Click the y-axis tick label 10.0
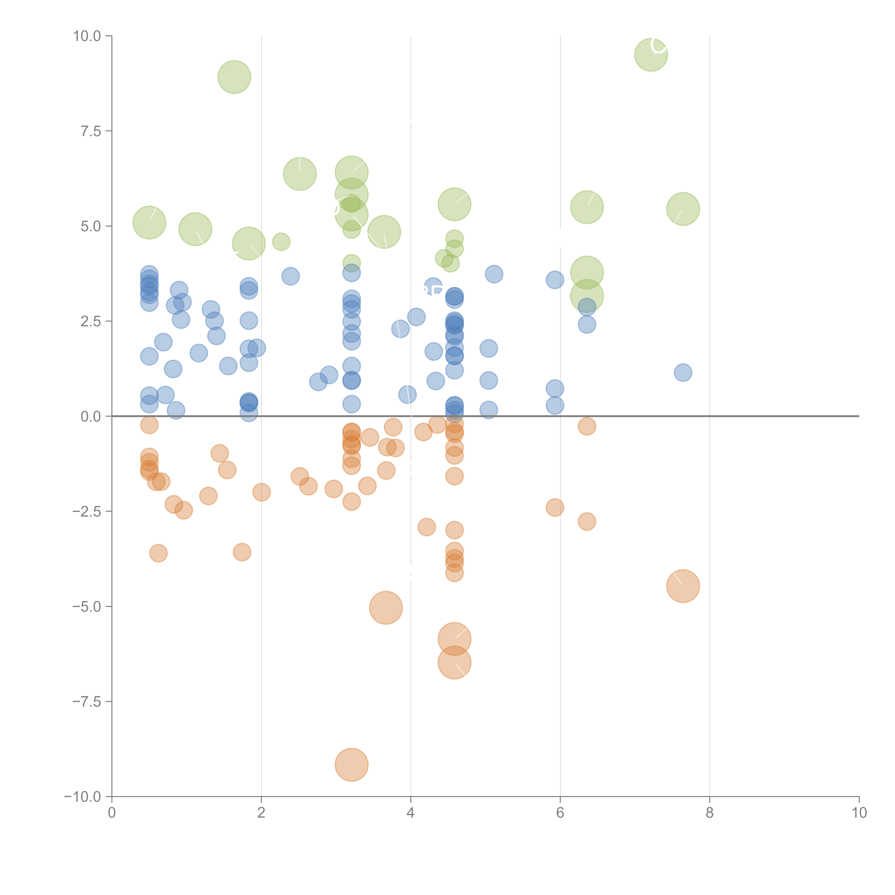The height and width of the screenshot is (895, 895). tap(87, 36)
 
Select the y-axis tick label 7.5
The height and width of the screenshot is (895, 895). tap(91, 131)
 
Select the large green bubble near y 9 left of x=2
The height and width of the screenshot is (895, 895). tap(234, 77)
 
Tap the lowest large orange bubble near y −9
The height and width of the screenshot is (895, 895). tap(352, 765)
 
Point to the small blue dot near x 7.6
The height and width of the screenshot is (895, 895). tap(683, 372)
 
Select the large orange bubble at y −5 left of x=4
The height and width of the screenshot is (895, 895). tap(386, 608)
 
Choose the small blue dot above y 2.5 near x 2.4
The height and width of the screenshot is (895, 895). tap(291, 277)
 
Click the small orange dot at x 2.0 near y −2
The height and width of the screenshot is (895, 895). tap(261, 492)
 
